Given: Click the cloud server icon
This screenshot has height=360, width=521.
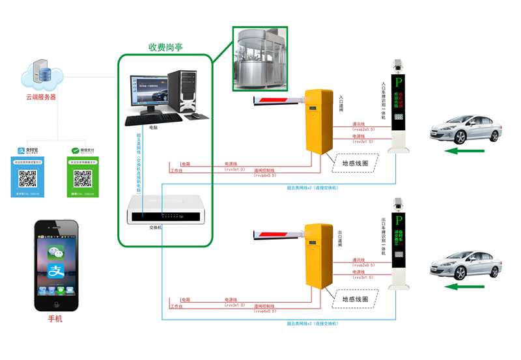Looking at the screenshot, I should [x=42, y=76].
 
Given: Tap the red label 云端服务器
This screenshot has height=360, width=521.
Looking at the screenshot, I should [x=41, y=97].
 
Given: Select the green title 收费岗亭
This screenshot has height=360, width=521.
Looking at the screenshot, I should [x=165, y=47].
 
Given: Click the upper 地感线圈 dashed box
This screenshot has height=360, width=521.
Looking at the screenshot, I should [x=355, y=163].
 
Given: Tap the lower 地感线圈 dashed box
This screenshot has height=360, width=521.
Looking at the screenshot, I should [x=355, y=299].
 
